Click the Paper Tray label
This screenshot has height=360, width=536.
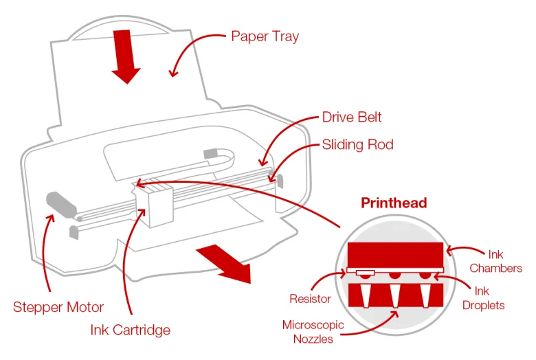click(265, 36)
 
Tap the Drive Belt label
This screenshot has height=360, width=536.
click(352, 117)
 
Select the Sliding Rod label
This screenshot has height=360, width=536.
click(357, 144)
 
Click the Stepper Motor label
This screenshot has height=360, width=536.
click(58, 307)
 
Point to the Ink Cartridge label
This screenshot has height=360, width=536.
click(131, 330)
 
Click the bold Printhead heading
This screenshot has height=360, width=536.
click(394, 203)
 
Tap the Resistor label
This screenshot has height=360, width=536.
click(310, 299)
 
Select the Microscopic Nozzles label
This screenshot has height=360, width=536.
click(313, 332)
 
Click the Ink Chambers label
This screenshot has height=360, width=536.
click(495, 261)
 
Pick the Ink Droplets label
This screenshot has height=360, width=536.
click(483, 298)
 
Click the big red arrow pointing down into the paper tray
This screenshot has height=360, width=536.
click(126, 56)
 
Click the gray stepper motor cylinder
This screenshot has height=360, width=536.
click(62, 205)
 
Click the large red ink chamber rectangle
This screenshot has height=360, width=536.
click(395, 255)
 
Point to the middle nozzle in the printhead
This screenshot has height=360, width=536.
click(396, 295)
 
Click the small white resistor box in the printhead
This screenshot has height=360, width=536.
click(366, 273)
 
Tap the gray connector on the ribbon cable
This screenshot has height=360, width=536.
click(210, 153)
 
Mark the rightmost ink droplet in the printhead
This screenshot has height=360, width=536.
click(425, 275)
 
